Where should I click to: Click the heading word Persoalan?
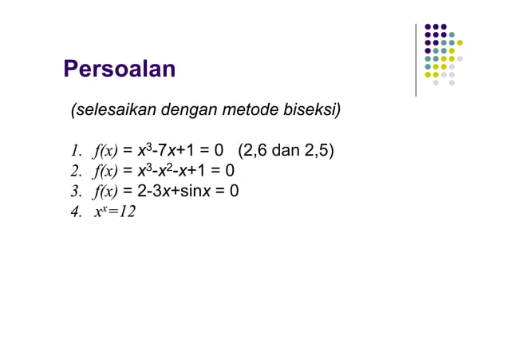(x=119, y=69)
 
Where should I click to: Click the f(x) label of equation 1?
(x=105, y=151)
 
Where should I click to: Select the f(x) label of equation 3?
(x=105, y=192)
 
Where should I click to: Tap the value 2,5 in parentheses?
(x=318, y=150)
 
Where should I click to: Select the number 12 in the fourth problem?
(x=126, y=212)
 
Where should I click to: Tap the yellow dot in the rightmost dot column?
(x=460, y=42)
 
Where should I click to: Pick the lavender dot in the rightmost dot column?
(x=460, y=58)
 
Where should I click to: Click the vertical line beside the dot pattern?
(x=416, y=60)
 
